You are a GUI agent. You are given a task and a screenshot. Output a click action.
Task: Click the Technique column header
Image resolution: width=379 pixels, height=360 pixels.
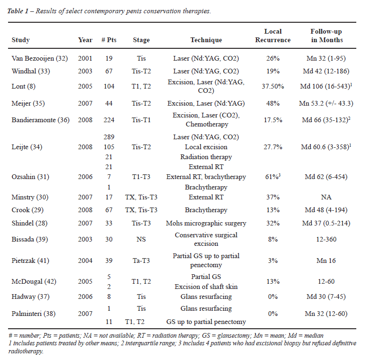tap(206, 40)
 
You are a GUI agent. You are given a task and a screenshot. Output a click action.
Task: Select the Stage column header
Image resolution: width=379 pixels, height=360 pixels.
tap(141, 40)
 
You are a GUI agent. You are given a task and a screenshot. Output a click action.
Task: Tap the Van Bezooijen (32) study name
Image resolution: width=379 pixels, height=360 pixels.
tap(40, 58)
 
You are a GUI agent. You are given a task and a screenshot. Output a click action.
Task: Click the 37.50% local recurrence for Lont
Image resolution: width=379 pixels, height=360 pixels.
tap(273, 86)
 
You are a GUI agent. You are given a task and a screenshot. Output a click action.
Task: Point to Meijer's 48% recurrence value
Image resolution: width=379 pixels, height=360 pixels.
tap(273, 103)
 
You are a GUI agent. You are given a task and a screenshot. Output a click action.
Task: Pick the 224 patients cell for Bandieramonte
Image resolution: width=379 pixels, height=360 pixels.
tap(109, 120)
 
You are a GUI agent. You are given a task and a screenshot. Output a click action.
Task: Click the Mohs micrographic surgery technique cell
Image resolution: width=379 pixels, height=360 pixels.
tap(206, 223)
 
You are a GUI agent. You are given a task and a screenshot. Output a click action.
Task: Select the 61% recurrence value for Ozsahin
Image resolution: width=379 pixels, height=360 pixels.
tap(273, 177)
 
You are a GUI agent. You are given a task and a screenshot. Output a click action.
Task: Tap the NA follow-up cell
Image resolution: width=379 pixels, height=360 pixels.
tap(326, 197)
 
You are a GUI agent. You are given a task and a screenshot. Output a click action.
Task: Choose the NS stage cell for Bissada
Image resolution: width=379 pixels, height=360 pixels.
tap(141, 239)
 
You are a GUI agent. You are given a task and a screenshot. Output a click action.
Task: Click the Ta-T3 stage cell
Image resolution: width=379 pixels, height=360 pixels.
tap(141, 261)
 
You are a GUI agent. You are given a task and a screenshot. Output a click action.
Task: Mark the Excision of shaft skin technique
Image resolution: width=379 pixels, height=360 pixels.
tap(206, 287)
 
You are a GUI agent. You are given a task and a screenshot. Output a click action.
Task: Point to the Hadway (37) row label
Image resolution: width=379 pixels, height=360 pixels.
tap(30, 297)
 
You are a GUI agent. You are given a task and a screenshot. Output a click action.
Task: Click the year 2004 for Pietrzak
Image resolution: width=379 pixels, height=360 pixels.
tap(85, 261)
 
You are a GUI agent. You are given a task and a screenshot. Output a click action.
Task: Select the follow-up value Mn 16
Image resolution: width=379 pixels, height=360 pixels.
tap(326, 261)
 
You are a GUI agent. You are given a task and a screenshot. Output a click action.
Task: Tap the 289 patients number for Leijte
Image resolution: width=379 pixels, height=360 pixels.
tap(109, 137)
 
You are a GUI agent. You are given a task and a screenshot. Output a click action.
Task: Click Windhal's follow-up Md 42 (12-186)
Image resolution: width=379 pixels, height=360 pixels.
tap(326, 71)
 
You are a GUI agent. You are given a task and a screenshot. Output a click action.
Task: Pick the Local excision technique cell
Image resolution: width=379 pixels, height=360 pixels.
tap(206, 147)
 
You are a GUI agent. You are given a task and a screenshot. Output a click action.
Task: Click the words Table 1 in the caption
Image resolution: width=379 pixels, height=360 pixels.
tap(18, 11)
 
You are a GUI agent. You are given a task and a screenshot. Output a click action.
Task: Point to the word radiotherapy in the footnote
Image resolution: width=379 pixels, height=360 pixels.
tap(26, 351)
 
